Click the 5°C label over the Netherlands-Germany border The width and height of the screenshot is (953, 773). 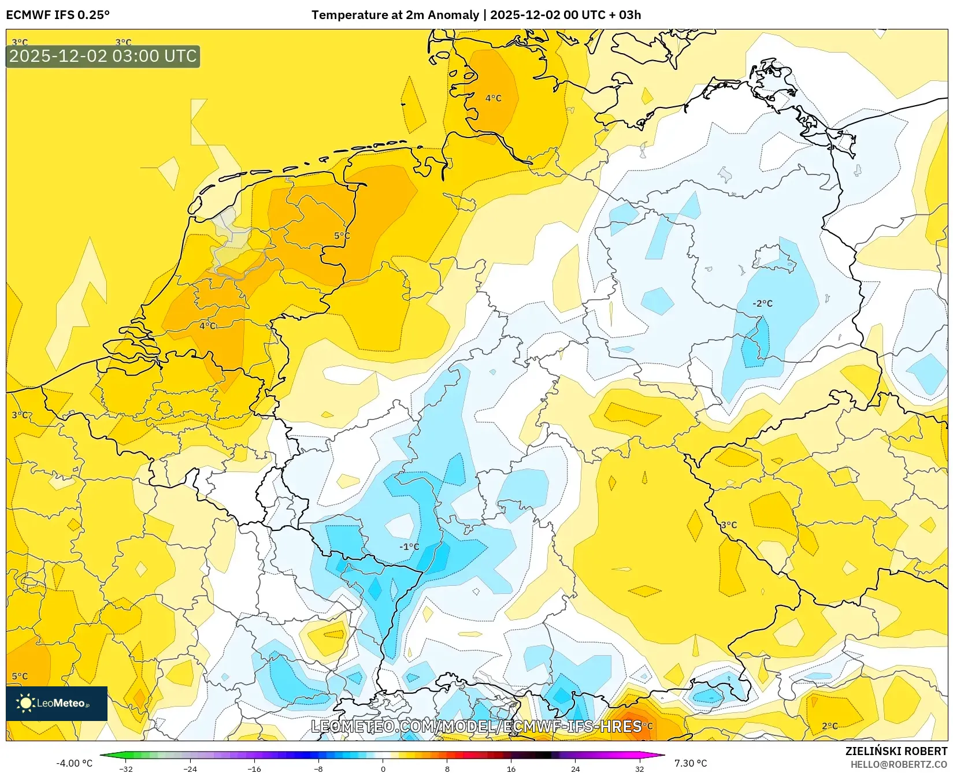point(342,236)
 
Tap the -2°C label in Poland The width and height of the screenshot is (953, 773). point(762,303)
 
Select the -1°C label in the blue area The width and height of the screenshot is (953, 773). point(409,547)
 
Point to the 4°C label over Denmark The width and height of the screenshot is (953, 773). point(493,98)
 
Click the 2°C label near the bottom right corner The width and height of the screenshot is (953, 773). point(829,726)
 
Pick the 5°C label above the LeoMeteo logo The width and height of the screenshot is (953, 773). point(20,676)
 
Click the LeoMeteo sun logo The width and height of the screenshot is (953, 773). point(25,703)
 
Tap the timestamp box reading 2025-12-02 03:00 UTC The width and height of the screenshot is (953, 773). point(103,56)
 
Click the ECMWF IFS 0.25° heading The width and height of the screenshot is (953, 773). point(58,15)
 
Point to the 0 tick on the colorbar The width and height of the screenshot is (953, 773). point(383,769)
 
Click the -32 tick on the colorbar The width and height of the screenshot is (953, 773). point(125,769)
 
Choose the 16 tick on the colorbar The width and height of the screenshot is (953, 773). point(511,769)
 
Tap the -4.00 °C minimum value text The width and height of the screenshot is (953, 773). point(74,763)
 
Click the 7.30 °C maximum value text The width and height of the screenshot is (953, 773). point(691,763)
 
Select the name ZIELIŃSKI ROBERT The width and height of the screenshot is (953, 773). point(896,751)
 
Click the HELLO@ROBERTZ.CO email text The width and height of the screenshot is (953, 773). point(898,764)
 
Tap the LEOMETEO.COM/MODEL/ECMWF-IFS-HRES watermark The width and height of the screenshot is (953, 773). point(476,726)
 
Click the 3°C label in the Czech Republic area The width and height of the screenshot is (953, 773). point(729,525)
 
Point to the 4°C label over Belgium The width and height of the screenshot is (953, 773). point(208,326)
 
